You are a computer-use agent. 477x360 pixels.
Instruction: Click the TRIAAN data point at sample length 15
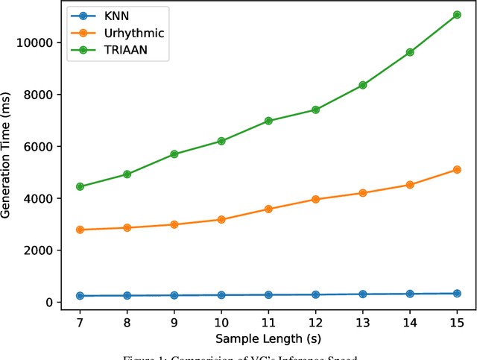[457, 15]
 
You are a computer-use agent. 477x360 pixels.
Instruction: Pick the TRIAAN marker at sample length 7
[80, 186]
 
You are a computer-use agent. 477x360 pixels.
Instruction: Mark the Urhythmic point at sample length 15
[457, 170]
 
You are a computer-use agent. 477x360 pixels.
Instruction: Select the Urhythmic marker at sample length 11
[268, 209]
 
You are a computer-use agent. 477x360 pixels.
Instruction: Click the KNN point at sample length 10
[221, 295]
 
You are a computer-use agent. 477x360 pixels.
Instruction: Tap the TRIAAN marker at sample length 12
[315, 110]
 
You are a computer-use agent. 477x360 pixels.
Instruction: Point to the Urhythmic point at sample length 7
[80, 230]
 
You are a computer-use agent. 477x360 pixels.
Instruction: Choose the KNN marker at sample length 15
[457, 294]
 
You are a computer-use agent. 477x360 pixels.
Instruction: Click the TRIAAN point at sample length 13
[363, 85]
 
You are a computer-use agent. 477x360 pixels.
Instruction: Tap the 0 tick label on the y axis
[48, 303]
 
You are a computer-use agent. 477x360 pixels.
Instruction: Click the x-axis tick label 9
[174, 321]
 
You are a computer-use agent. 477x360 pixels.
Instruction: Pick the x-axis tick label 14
[410, 321]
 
